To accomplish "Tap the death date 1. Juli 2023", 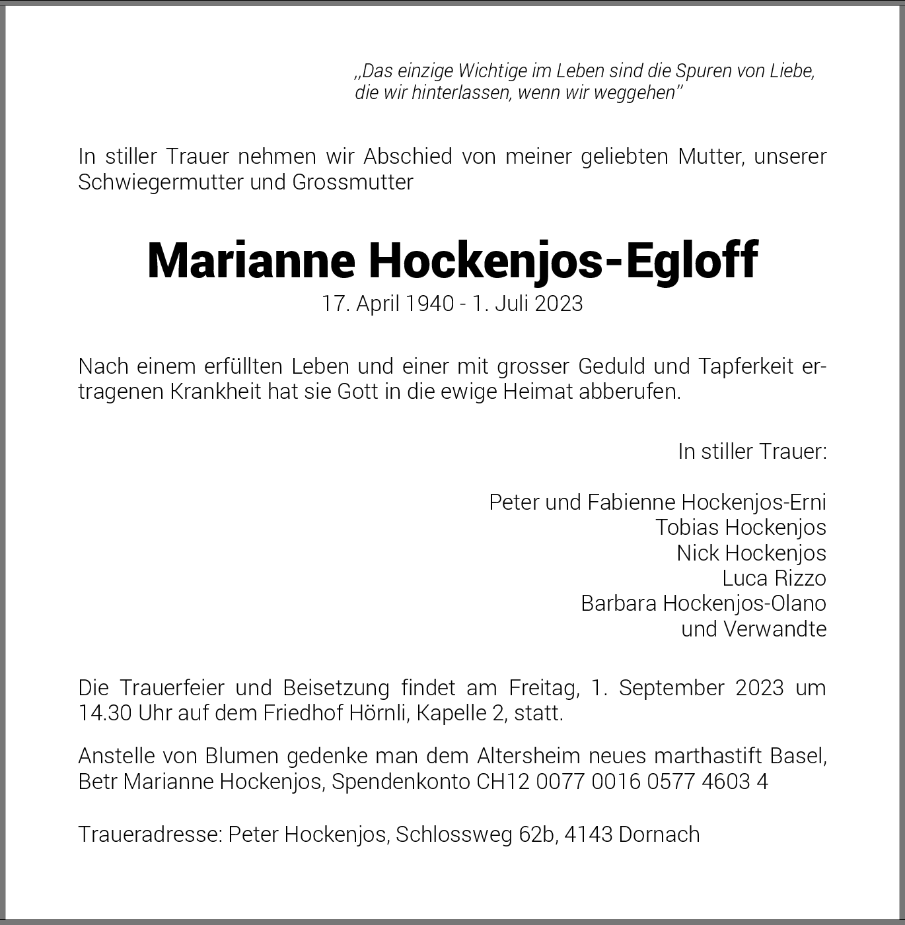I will pyautogui.click(x=527, y=304).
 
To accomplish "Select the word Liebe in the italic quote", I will pyautogui.click(x=792, y=71).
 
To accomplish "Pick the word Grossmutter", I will pyautogui.click(x=353, y=182).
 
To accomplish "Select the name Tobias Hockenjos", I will pyautogui.click(x=741, y=528).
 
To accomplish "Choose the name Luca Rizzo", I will pyautogui.click(x=774, y=578).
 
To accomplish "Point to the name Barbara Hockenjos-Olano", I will pyautogui.click(x=704, y=603).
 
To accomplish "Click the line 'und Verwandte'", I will pyautogui.click(x=754, y=629).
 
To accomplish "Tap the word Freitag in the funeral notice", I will pyautogui.click(x=544, y=688).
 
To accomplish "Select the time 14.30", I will pyautogui.click(x=105, y=714).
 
